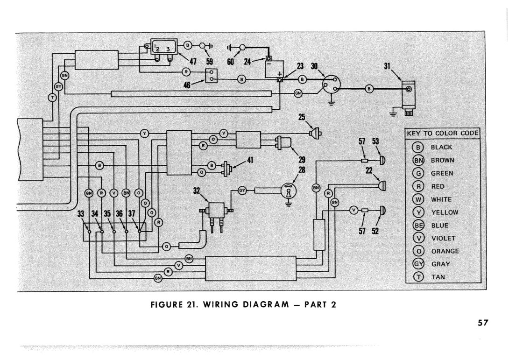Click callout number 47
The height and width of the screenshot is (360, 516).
coord(193,62)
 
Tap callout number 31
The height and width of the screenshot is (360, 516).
coord(387,66)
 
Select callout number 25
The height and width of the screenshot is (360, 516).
coord(302,117)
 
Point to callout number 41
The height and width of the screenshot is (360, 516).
coord(250,160)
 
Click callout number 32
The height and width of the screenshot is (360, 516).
coord(197,191)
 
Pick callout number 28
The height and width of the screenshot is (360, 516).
coord(302,170)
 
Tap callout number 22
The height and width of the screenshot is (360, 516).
coord(369,170)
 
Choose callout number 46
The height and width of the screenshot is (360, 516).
coord(187,85)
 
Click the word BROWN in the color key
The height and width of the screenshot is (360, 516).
coord(442,160)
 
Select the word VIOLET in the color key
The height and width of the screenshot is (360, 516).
coord(443,238)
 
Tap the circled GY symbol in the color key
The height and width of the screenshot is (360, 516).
coord(418,264)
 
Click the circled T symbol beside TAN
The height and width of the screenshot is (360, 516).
coord(418,277)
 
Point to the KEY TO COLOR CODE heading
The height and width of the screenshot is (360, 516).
coord(443,133)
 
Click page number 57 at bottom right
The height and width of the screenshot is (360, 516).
coord(483,323)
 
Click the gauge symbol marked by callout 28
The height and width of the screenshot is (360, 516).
coord(288,190)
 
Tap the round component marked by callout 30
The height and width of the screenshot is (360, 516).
coord(331,85)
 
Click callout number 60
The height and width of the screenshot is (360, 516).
coord(230,62)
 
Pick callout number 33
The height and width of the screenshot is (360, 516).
coord(81,213)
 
